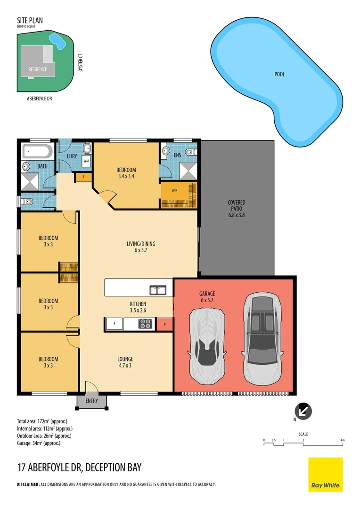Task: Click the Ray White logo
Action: [325, 475]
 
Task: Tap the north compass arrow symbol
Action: [304, 410]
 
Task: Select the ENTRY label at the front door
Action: [92, 401]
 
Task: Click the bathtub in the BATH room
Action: [37, 152]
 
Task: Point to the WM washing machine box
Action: [86, 161]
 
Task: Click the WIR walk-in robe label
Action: [174, 191]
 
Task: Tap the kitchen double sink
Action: [157, 290]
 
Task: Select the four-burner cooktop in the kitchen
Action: [146, 324]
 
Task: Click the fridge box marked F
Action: [114, 324]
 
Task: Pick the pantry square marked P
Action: [165, 324]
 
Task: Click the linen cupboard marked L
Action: [83, 177]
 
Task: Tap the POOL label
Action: [279, 74]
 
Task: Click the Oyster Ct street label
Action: [81, 62]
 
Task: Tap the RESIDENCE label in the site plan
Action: [37, 69]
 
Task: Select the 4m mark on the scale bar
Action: [343, 440]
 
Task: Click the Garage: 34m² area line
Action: [39, 443]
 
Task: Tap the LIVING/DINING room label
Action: [140, 244]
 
